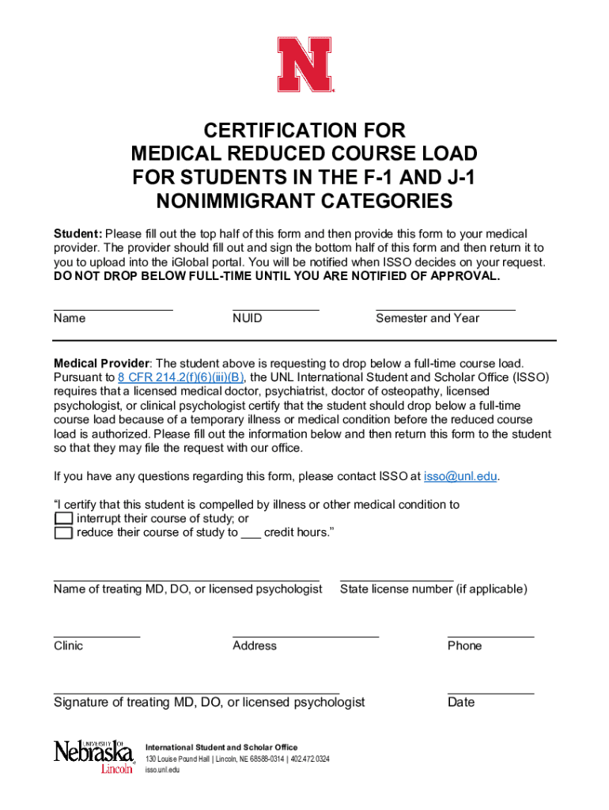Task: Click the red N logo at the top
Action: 305,64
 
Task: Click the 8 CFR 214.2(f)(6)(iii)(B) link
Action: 181,377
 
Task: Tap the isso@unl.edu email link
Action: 461,476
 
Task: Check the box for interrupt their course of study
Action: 63,519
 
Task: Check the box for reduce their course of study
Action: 63,533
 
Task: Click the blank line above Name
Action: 113,308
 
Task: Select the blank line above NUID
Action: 275,308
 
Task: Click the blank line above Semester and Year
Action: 445,308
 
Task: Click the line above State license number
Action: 396,580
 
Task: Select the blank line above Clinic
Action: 96,636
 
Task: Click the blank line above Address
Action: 305,636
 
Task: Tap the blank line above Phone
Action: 490,636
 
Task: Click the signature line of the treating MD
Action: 196,692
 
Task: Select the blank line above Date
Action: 490,692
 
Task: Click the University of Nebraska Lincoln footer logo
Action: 94,757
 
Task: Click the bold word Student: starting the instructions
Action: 78,234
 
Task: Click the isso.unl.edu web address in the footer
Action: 162,770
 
